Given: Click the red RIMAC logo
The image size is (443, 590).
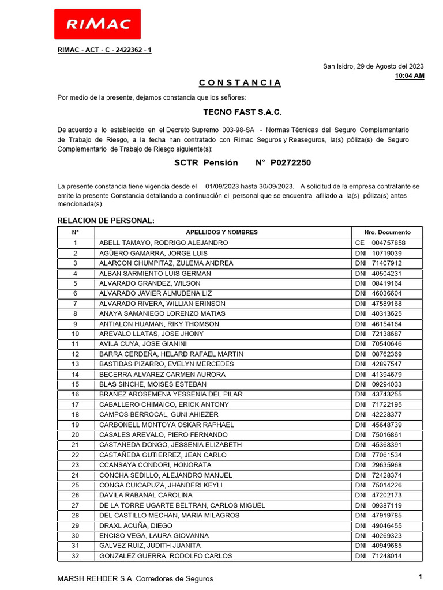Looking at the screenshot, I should pos(97,24).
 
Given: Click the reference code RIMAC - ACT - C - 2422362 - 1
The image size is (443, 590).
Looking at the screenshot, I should pos(104,50).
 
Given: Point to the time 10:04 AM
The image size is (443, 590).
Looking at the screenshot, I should pos(410,75).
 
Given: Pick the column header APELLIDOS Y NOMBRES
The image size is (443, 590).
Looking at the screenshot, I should pos(222,232).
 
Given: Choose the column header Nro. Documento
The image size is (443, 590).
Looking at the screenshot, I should pos(388,232).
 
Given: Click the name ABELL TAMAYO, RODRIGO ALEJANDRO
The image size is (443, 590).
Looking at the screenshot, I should pos(164,243).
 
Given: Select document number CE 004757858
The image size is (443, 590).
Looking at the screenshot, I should pos(380,243).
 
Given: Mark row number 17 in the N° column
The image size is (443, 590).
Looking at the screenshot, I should pos(75,404).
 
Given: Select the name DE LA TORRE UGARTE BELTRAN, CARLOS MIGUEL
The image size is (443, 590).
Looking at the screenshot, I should pos(182,505).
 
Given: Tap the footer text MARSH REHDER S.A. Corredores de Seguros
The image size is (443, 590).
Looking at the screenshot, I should pos(136,578).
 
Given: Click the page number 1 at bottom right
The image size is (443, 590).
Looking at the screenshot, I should pos(421,577).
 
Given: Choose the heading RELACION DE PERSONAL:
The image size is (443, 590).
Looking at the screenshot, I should pos(106,221).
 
